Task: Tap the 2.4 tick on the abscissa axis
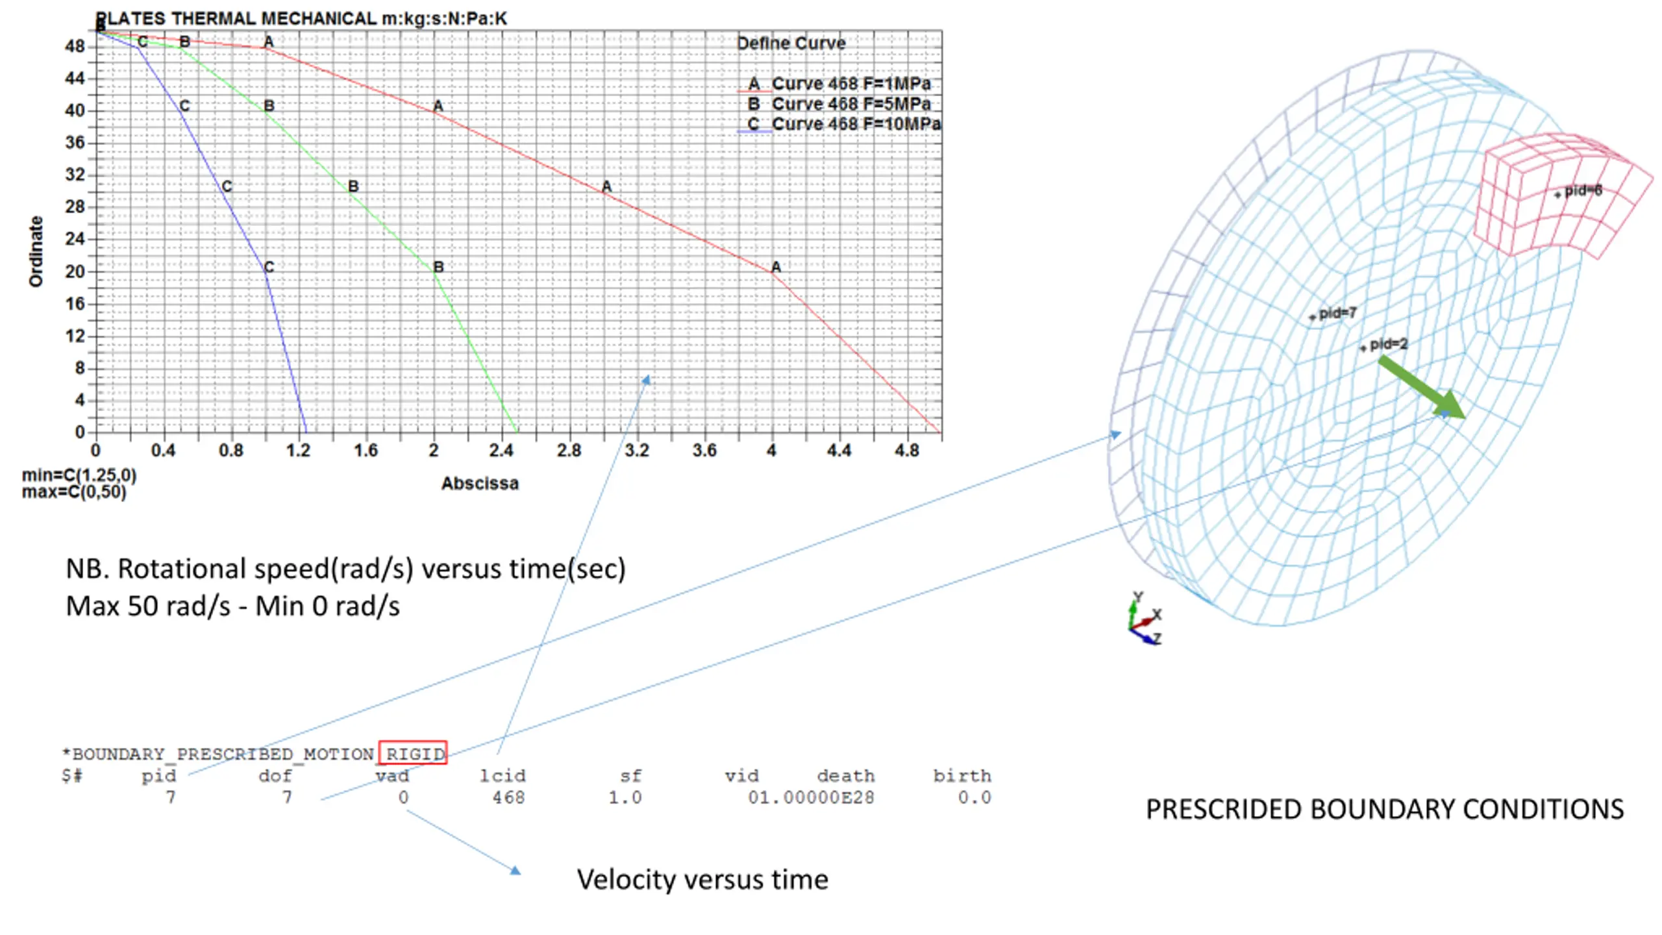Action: [x=501, y=450]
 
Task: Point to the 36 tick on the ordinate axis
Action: [x=75, y=142]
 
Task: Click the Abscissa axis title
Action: [x=480, y=483]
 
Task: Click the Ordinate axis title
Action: [x=36, y=251]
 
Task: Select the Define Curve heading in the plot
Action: [x=790, y=44]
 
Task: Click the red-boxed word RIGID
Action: [x=414, y=753]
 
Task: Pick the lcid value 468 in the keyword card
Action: [x=508, y=797]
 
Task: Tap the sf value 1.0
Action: [x=625, y=797]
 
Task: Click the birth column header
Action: [x=961, y=776]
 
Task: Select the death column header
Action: [x=845, y=776]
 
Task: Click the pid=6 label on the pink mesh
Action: [x=1582, y=191]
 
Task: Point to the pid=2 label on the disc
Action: [x=1388, y=344]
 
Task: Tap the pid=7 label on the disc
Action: [x=1337, y=313]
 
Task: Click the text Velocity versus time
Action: [x=702, y=880]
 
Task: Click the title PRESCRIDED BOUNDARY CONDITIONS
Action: [x=1384, y=810]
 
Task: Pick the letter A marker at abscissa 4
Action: [x=776, y=267]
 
